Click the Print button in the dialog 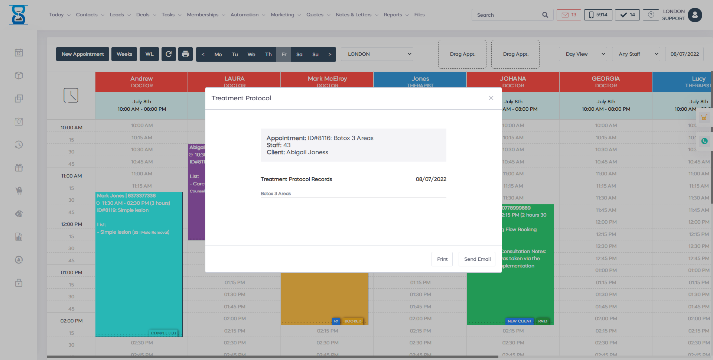pos(442,259)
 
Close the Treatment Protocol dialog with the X pos(491,98)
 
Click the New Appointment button pos(82,54)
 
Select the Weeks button pos(124,54)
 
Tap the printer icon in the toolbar pos(185,54)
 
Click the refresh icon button pos(169,54)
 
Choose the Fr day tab pos(284,54)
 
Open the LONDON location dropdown pos(377,54)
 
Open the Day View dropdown pos(583,54)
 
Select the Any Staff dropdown pos(636,54)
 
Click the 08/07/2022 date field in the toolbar pos(684,54)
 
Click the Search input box pos(505,15)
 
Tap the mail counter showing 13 pos(569,15)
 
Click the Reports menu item pos(395,15)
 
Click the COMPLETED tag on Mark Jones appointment pos(163,333)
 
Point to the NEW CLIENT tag pos(520,321)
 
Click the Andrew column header pos(141,82)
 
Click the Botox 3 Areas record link pos(276,194)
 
